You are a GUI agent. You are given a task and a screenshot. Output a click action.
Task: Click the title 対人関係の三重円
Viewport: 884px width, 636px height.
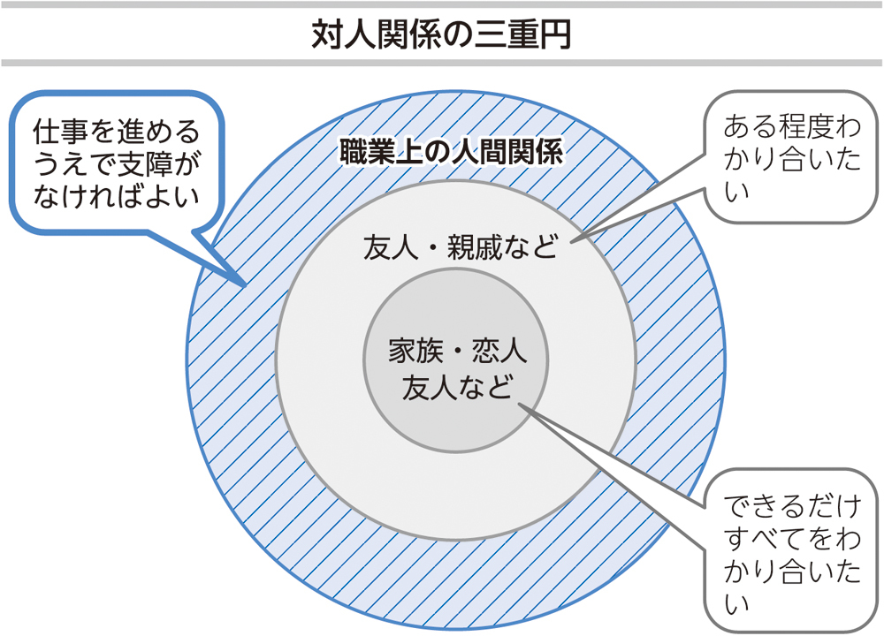[441, 35]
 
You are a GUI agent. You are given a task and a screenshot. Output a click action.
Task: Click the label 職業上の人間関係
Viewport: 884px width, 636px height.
[451, 152]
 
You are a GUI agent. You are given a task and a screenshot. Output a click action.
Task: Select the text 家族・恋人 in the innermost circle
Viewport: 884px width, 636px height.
[457, 351]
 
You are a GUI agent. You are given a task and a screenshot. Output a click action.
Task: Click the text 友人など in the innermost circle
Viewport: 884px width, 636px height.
[457, 388]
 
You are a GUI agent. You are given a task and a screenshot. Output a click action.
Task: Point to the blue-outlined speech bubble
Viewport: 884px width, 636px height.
[117, 163]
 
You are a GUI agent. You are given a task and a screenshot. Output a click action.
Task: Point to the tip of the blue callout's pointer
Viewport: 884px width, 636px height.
[246, 286]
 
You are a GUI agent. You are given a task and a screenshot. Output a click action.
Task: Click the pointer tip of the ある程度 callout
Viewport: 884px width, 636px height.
[570, 243]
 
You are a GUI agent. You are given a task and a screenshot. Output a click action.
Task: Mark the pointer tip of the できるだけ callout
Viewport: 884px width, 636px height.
[517, 404]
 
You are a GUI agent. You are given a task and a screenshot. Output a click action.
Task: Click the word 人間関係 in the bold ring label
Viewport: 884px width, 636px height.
[507, 152]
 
